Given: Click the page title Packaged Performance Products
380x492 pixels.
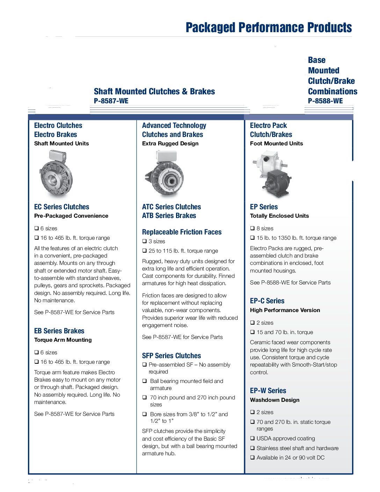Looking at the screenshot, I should coord(269,28).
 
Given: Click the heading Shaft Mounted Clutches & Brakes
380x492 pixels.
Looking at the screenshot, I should coord(154,92).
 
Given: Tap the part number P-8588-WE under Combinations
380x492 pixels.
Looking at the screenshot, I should coord(325,101).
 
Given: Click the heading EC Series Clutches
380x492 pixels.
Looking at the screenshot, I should coord(61,207).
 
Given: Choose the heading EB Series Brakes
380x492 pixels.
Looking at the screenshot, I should coord(59,331).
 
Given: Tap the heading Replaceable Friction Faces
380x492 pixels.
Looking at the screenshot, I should coord(182,232).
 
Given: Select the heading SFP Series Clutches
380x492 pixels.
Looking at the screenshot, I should coord(171,356).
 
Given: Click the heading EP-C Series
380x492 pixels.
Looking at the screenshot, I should coord(267,301).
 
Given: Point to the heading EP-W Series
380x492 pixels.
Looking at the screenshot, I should coord(268,391).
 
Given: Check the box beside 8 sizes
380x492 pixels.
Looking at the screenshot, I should coord(253,229).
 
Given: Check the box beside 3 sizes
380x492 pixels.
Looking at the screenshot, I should coord(145,241).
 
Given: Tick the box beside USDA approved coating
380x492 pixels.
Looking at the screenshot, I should coord(253,439).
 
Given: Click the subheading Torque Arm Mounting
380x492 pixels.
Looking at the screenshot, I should coord(63,340).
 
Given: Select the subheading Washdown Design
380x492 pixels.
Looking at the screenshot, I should coord(275,400).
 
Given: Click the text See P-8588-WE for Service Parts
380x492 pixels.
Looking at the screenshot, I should coord(290,283).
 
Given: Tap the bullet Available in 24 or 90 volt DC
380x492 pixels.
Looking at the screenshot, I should coord(290,458).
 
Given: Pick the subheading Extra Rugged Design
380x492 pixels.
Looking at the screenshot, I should coord(170,144).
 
